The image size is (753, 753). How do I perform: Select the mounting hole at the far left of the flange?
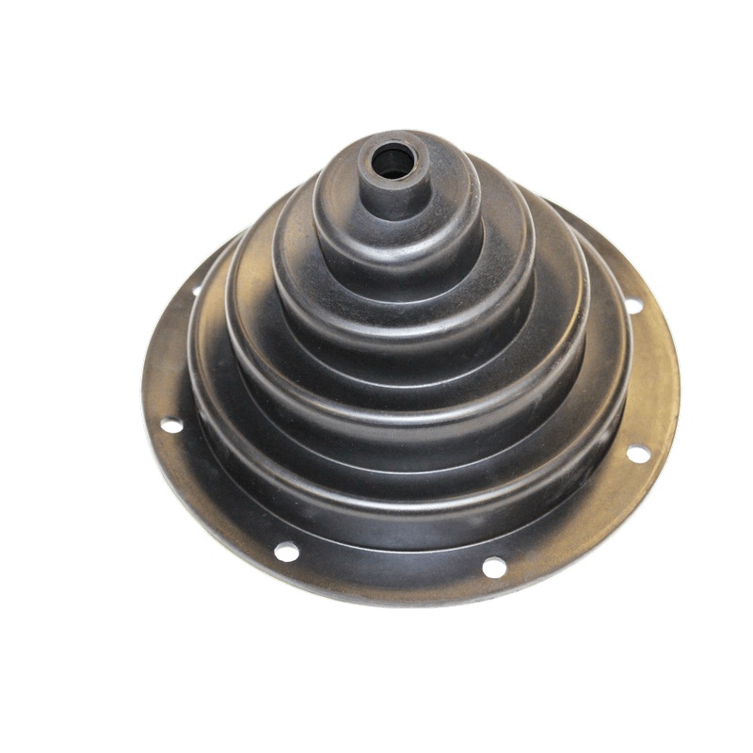(171, 425)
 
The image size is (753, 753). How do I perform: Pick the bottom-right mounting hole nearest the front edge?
(493, 567)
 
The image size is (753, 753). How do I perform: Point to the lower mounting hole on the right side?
(638, 454)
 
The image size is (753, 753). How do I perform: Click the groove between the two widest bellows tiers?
(414, 435)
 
